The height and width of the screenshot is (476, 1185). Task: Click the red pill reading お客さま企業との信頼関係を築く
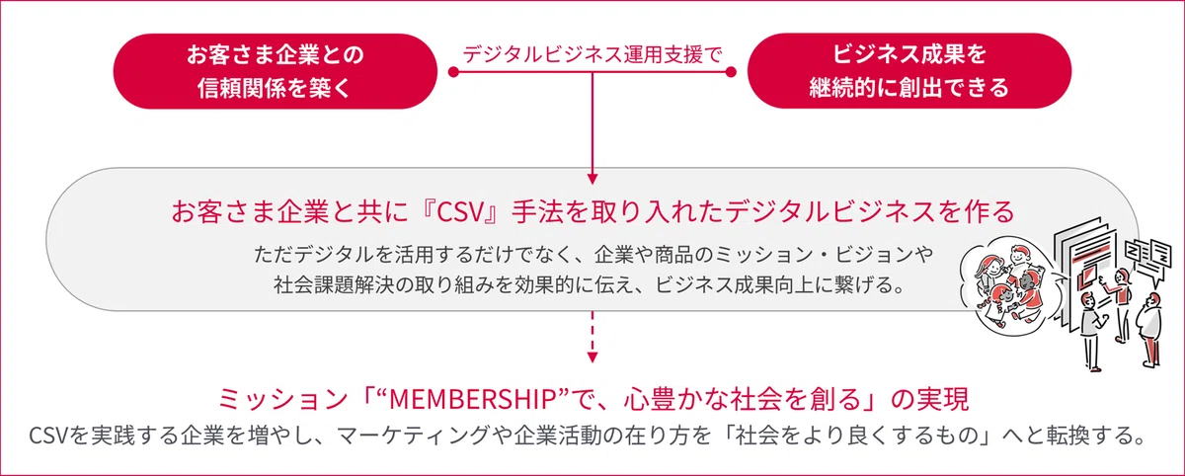pos(276,71)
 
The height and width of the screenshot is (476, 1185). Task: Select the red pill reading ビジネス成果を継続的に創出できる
pos(909,71)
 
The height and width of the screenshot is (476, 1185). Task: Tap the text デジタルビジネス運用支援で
pos(592,54)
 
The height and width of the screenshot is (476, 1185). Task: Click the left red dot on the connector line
pos(453,72)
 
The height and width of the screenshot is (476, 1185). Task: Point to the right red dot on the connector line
pos(731,72)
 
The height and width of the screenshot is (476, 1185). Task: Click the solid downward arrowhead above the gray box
pos(592,179)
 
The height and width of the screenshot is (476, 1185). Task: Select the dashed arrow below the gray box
pos(592,337)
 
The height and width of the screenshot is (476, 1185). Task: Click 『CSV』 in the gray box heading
pos(459,211)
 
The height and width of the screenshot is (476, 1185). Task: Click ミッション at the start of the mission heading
pos(283,400)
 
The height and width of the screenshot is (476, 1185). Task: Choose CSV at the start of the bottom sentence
pos(48,436)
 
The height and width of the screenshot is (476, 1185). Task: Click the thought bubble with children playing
pos(1005,284)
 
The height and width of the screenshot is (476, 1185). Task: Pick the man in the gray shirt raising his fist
pos(1092,331)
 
